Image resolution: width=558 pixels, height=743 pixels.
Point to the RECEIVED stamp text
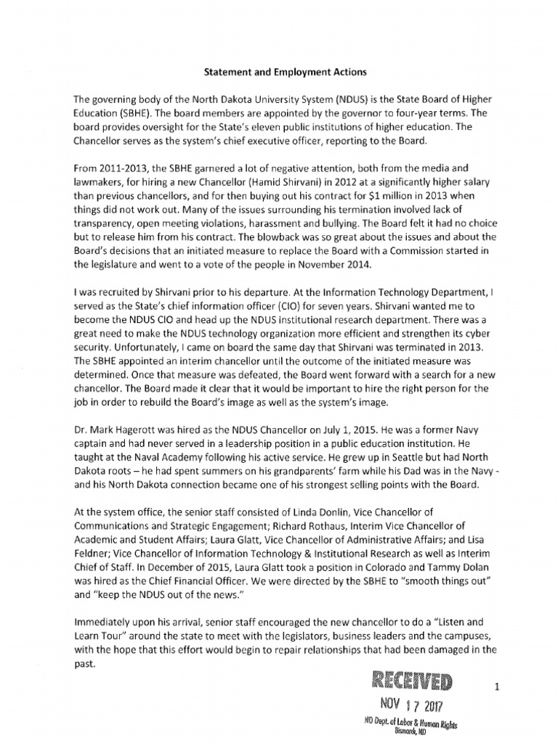click(x=411, y=681)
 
